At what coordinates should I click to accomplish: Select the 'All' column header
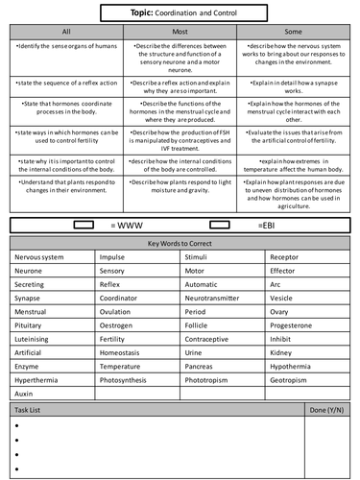[65, 31]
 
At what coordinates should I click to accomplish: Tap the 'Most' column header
[180, 31]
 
